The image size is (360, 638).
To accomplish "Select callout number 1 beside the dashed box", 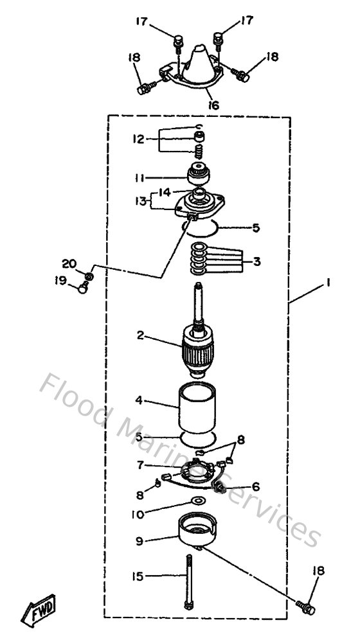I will [x=329, y=282].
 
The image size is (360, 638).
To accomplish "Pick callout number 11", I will [x=139, y=177].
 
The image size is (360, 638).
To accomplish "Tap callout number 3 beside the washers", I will [x=257, y=261].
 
